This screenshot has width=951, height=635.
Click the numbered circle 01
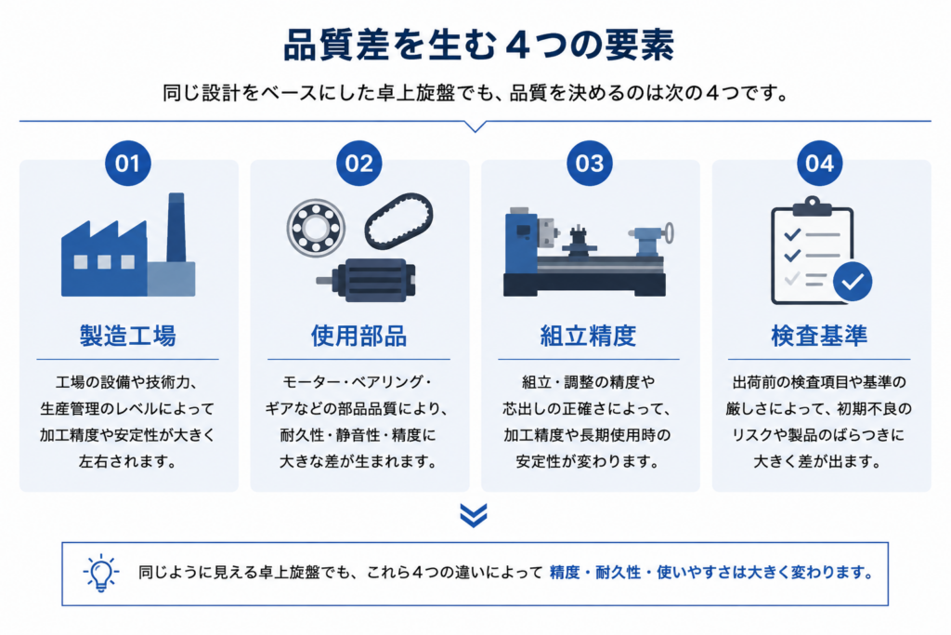tap(128, 164)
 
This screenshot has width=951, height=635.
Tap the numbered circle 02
tap(359, 164)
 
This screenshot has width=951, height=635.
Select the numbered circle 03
tap(590, 164)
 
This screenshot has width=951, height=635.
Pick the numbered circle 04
tap(819, 164)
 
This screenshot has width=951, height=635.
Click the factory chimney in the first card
tap(176, 227)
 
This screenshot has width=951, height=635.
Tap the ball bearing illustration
tap(316, 228)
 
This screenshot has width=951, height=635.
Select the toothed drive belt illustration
tap(398, 221)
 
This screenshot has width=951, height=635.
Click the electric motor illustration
tap(366, 280)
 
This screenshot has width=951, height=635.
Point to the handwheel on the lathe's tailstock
tap(669, 232)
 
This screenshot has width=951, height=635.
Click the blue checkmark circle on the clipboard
tap(853, 282)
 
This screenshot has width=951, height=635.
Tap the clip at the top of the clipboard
tap(812, 206)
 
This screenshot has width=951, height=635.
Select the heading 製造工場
tap(128, 336)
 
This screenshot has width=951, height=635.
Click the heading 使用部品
tap(359, 336)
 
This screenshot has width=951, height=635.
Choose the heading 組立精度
tap(588, 336)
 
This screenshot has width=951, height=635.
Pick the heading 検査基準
tap(819, 336)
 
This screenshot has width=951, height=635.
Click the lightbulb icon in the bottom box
tap(100, 573)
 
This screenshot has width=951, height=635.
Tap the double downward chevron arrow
tap(474, 515)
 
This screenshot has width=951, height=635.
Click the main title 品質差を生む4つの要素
tap(478, 45)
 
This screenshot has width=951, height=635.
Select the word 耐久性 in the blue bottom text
tap(618, 573)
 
